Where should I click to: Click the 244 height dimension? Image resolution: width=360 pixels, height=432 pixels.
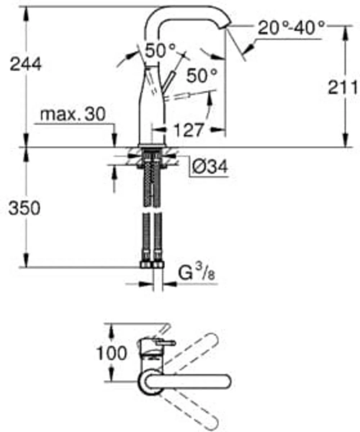(26, 64)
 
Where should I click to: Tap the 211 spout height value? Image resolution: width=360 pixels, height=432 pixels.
(343, 87)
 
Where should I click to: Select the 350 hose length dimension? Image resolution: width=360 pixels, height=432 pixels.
(24, 208)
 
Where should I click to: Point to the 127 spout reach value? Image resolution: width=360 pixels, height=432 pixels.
(188, 130)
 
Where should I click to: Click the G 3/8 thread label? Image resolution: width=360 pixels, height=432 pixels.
(197, 273)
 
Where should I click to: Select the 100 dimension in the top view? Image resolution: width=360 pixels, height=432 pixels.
(112, 353)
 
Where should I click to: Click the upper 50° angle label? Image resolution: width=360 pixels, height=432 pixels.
(160, 50)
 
